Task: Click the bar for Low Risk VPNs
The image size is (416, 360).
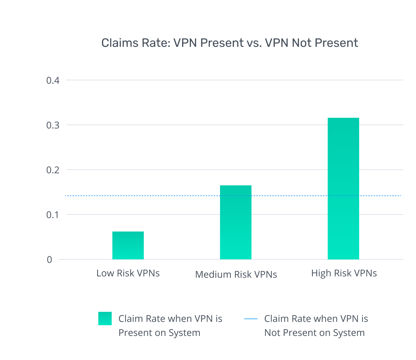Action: click(x=128, y=245)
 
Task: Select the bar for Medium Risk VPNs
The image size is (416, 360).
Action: click(x=235, y=222)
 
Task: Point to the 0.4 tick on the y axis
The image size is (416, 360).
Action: click(x=53, y=81)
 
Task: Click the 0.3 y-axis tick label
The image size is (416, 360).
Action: click(x=53, y=125)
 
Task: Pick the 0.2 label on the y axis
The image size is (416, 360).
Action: click(x=53, y=170)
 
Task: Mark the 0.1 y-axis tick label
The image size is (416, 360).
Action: click(x=53, y=215)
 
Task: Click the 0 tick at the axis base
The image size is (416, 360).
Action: click(x=49, y=260)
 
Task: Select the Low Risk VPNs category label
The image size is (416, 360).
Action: click(x=128, y=273)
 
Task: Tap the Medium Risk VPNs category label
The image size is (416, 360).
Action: click(x=236, y=274)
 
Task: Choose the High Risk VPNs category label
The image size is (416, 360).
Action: click(x=344, y=273)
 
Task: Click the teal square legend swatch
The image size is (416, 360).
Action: click(x=105, y=319)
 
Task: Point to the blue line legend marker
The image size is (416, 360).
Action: click(x=250, y=319)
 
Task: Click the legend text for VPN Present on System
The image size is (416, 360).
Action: click(x=170, y=326)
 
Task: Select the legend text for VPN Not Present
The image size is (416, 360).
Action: click(x=316, y=326)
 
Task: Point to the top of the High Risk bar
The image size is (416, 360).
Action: click(x=343, y=118)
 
